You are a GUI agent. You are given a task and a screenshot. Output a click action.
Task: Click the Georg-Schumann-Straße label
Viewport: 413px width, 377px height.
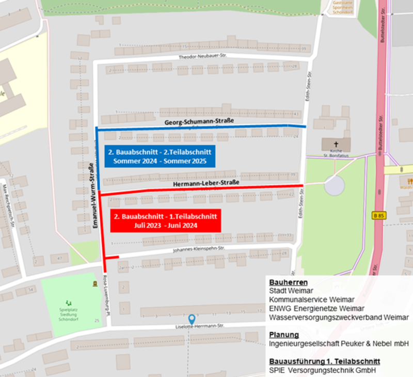(x=199, y=121)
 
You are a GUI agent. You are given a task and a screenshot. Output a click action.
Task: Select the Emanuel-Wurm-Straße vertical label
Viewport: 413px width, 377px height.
(x=91, y=188)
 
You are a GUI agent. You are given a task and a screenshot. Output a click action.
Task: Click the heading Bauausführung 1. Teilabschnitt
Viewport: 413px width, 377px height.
(x=325, y=361)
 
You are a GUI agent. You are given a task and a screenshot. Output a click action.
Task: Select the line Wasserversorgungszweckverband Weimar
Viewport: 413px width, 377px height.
(x=339, y=317)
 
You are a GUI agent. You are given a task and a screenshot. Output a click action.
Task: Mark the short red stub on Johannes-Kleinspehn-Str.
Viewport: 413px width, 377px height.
(x=112, y=257)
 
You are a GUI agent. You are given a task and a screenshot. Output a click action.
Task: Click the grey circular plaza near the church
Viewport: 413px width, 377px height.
(x=334, y=186)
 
